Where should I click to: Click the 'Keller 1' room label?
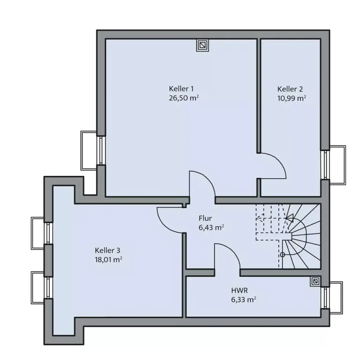pos(181,89)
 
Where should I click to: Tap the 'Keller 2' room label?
pos(290,89)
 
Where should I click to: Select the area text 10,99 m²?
pos(291,98)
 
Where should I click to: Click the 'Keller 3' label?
pos(107,250)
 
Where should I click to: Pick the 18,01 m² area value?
pos(108,260)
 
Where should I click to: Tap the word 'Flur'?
pos(205,218)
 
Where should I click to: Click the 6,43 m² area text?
pos(211,227)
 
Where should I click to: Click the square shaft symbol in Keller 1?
pos(202,45)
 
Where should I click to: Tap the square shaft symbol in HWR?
pos(315,281)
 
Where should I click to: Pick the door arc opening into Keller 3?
pos(165,221)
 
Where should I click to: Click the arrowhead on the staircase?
pos(289,218)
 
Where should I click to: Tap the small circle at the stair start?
pos(282,255)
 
